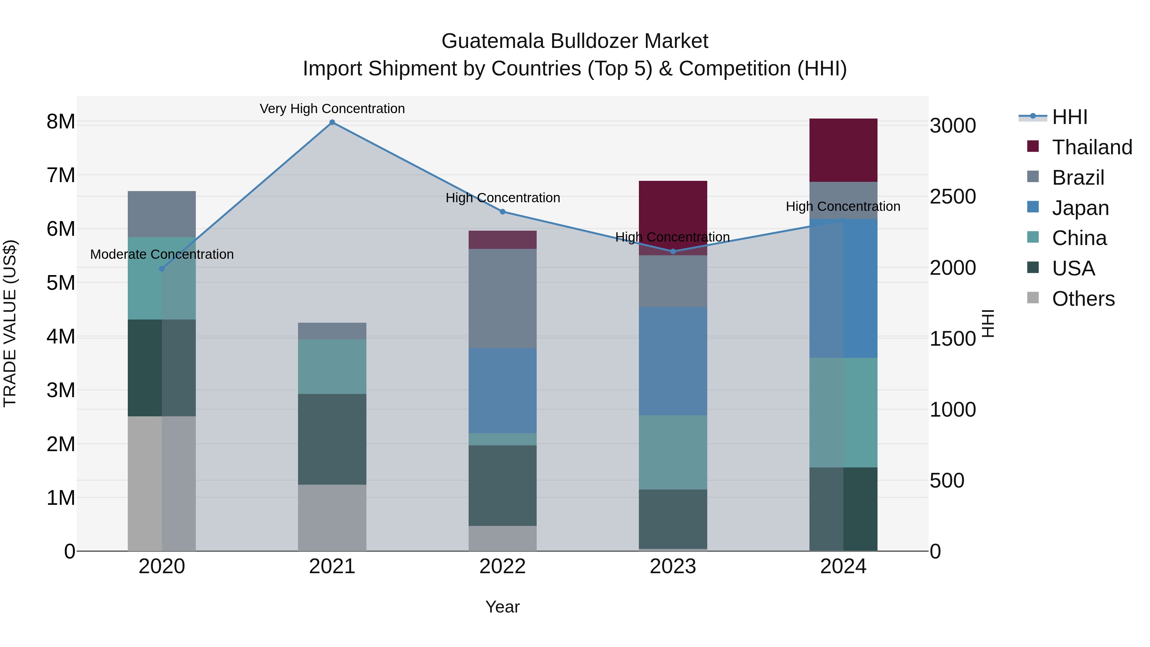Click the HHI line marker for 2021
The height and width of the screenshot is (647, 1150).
coord(332,122)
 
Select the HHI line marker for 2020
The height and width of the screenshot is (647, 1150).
coord(162,269)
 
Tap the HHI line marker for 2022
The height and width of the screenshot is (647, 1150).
coord(503,212)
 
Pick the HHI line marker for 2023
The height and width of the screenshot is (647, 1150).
coord(673,251)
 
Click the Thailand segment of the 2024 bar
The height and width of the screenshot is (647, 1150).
coord(843,150)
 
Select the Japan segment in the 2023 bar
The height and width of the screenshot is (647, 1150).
coord(673,361)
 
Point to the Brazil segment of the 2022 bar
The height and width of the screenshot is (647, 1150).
coord(503,299)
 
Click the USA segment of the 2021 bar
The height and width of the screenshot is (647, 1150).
coord(332,439)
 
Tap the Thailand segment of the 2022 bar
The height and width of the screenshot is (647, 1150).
coord(503,240)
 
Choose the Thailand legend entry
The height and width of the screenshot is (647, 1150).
coord(1092,147)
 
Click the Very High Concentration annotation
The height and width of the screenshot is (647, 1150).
coord(332,109)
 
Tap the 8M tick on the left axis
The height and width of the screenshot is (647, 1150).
coord(61,121)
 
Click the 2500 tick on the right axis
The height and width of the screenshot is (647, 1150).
coord(953,197)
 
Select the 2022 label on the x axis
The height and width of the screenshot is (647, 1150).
coord(503,566)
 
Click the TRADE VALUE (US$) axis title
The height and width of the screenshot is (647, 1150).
coord(10,323)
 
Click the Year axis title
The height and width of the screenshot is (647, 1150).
coord(503,607)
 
